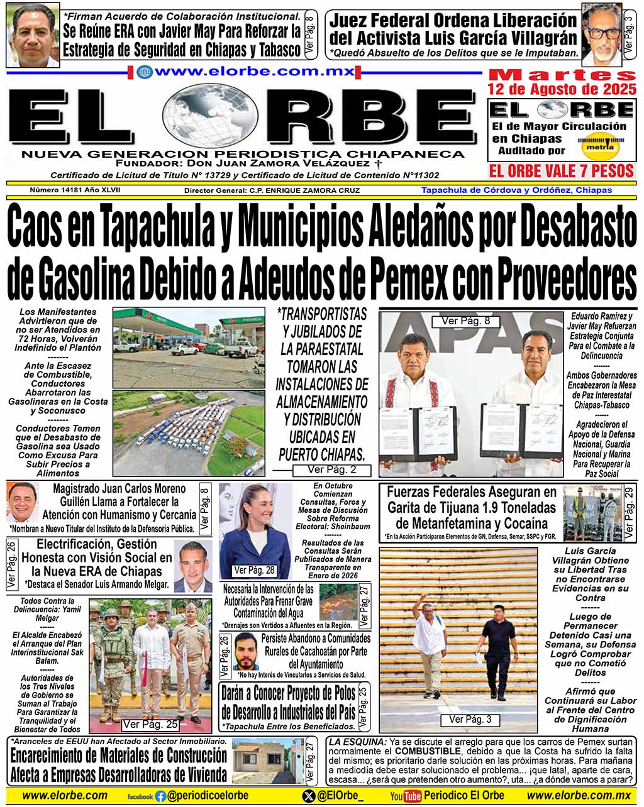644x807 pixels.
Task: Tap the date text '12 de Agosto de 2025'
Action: (562, 90)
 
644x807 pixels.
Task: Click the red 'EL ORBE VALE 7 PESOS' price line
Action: (561, 170)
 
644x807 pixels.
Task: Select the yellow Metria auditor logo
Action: (598, 147)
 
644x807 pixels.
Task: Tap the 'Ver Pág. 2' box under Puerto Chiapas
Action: (331, 469)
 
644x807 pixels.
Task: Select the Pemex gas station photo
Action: (189, 346)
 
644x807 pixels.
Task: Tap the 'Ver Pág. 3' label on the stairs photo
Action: (470, 719)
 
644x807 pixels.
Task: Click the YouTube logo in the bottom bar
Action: (406, 796)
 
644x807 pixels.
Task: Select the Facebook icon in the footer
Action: (160, 796)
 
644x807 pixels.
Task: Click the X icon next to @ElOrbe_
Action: (308, 796)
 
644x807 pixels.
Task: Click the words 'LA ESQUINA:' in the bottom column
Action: (357, 742)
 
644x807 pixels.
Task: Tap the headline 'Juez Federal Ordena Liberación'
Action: (453, 21)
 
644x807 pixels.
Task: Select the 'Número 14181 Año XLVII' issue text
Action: (75, 190)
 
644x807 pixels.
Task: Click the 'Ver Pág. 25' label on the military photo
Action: (150, 724)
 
